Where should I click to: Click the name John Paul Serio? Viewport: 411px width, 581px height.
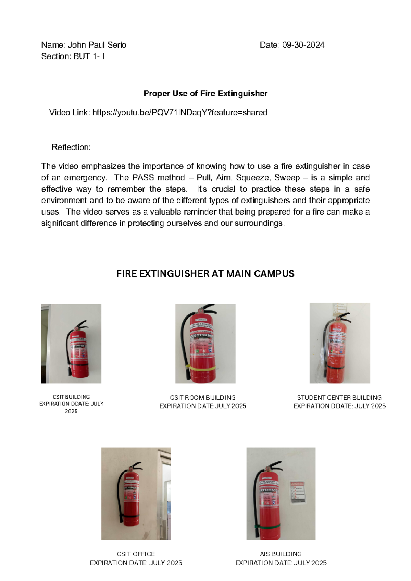pyautogui.click(x=97, y=45)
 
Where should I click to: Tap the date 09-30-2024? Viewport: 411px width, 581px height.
pyautogui.click(x=303, y=45)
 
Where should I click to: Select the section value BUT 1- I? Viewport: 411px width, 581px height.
pyautogui.click(x=89, y=56)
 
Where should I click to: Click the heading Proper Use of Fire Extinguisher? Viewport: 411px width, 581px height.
pyautogui.click(x=205, y=93)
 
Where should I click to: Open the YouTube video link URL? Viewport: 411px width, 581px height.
pyautogui.click(x=179, y=113)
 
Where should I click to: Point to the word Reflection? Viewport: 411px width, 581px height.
pyautogui.click(x=71, y=147)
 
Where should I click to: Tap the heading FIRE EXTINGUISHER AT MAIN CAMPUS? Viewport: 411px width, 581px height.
pyautogui.click(x=205, y=274)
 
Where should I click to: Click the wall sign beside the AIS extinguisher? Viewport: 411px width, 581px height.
pyautogui.click(x=298, y=492)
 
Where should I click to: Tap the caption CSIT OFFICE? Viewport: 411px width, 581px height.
pyautogui.click(x=136, y=554)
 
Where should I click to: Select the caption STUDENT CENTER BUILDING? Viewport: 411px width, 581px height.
pyautogui.click(x=339, y=398)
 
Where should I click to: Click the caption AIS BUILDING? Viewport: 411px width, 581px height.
pyautogui.click(x=281, y=554)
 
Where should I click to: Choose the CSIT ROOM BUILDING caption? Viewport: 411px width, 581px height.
pyautogui.click(x=202, y=398)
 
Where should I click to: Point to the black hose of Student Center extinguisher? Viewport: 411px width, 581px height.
pyautogui.click(x=324, y=346)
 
